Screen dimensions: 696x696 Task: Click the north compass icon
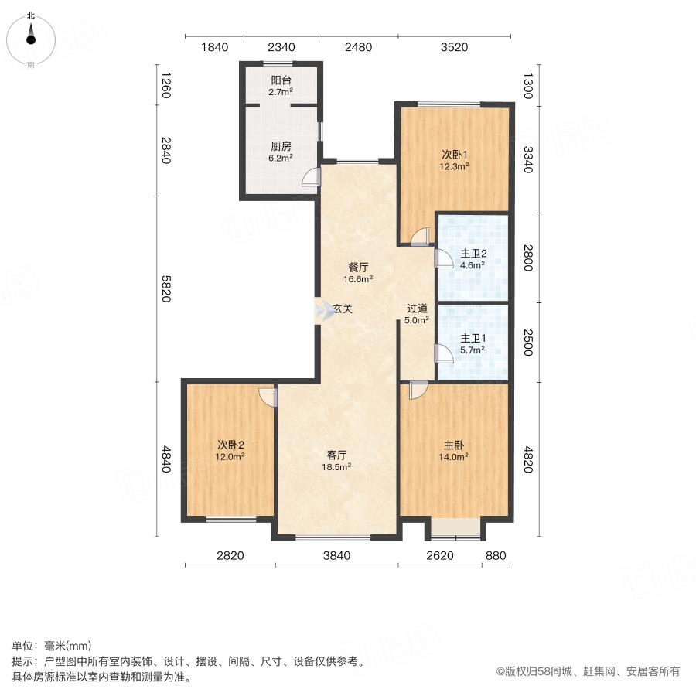[x=31, y=36]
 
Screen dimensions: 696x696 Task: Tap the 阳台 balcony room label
[x=280, y=79]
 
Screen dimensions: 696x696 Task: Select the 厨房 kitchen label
[x=280, y=145]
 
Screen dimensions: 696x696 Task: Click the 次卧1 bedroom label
[x=455, y=152]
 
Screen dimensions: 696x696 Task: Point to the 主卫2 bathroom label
[x=473, y=253]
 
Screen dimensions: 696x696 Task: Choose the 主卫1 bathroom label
[x=473, y=338]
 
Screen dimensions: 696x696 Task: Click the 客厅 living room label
[x=336, y=455]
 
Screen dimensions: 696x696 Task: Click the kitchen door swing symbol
[x=309, y=179]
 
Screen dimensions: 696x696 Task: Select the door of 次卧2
[x=268, y=396]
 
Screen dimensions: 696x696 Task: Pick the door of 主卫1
[x=444, y=353]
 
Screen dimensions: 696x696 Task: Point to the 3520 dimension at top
[x=454, y=47]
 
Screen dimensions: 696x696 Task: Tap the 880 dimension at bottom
[x=495, y=555]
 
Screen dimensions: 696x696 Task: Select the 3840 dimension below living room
[x=336, y=555]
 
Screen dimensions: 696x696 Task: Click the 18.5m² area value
[x=336, y=467]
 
